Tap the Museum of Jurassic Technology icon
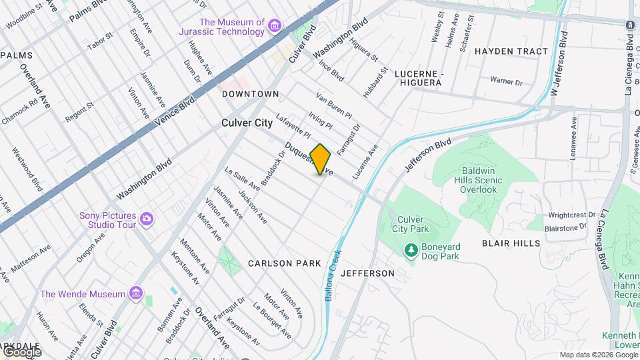[x=274, y=27]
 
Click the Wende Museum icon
[x=136, y=293]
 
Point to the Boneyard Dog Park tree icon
[x=411, y=250]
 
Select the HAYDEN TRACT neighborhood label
[x=511, y=51]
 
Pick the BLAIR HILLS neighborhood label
[x=513, y=243]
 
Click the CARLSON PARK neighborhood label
[x=285, y=263]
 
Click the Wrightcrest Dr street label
[x=571, y=215]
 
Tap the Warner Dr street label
[x=506, y=81]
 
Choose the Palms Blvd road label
[x=87, y=9]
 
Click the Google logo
[x=22, y=352]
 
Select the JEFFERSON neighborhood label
[x=367, y=273]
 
